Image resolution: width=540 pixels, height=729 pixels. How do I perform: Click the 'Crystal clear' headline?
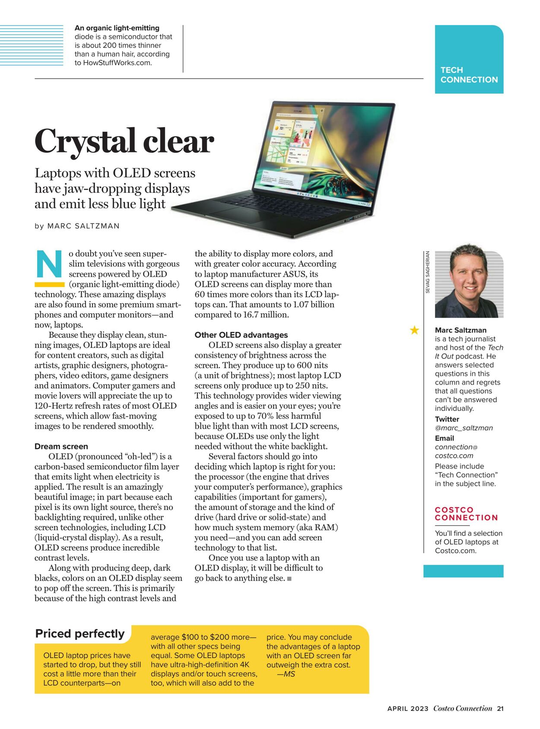124,141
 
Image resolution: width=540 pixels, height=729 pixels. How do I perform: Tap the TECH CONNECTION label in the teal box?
469,75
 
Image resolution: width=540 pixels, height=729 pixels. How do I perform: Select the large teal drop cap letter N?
49,264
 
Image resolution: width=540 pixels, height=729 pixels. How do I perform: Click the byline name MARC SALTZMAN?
83,226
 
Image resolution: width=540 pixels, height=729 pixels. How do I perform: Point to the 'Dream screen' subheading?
61,446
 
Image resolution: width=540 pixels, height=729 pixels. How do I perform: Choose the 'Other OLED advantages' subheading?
241,335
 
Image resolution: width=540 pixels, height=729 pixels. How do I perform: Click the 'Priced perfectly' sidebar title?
80,633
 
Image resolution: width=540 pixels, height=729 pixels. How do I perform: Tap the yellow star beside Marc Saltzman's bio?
414,330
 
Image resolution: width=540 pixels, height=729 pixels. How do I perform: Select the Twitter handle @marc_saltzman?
464,428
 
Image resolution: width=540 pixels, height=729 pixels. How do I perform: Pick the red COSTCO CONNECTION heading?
466,514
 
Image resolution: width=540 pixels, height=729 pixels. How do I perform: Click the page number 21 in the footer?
500,709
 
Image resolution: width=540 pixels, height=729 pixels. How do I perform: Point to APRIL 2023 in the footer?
408,709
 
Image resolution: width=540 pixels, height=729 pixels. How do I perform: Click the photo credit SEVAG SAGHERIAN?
428,272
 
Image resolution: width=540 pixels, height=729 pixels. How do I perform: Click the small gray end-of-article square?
289,578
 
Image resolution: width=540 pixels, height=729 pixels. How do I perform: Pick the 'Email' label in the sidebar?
444,438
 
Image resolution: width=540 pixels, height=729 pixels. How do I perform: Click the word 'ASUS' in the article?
294,274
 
